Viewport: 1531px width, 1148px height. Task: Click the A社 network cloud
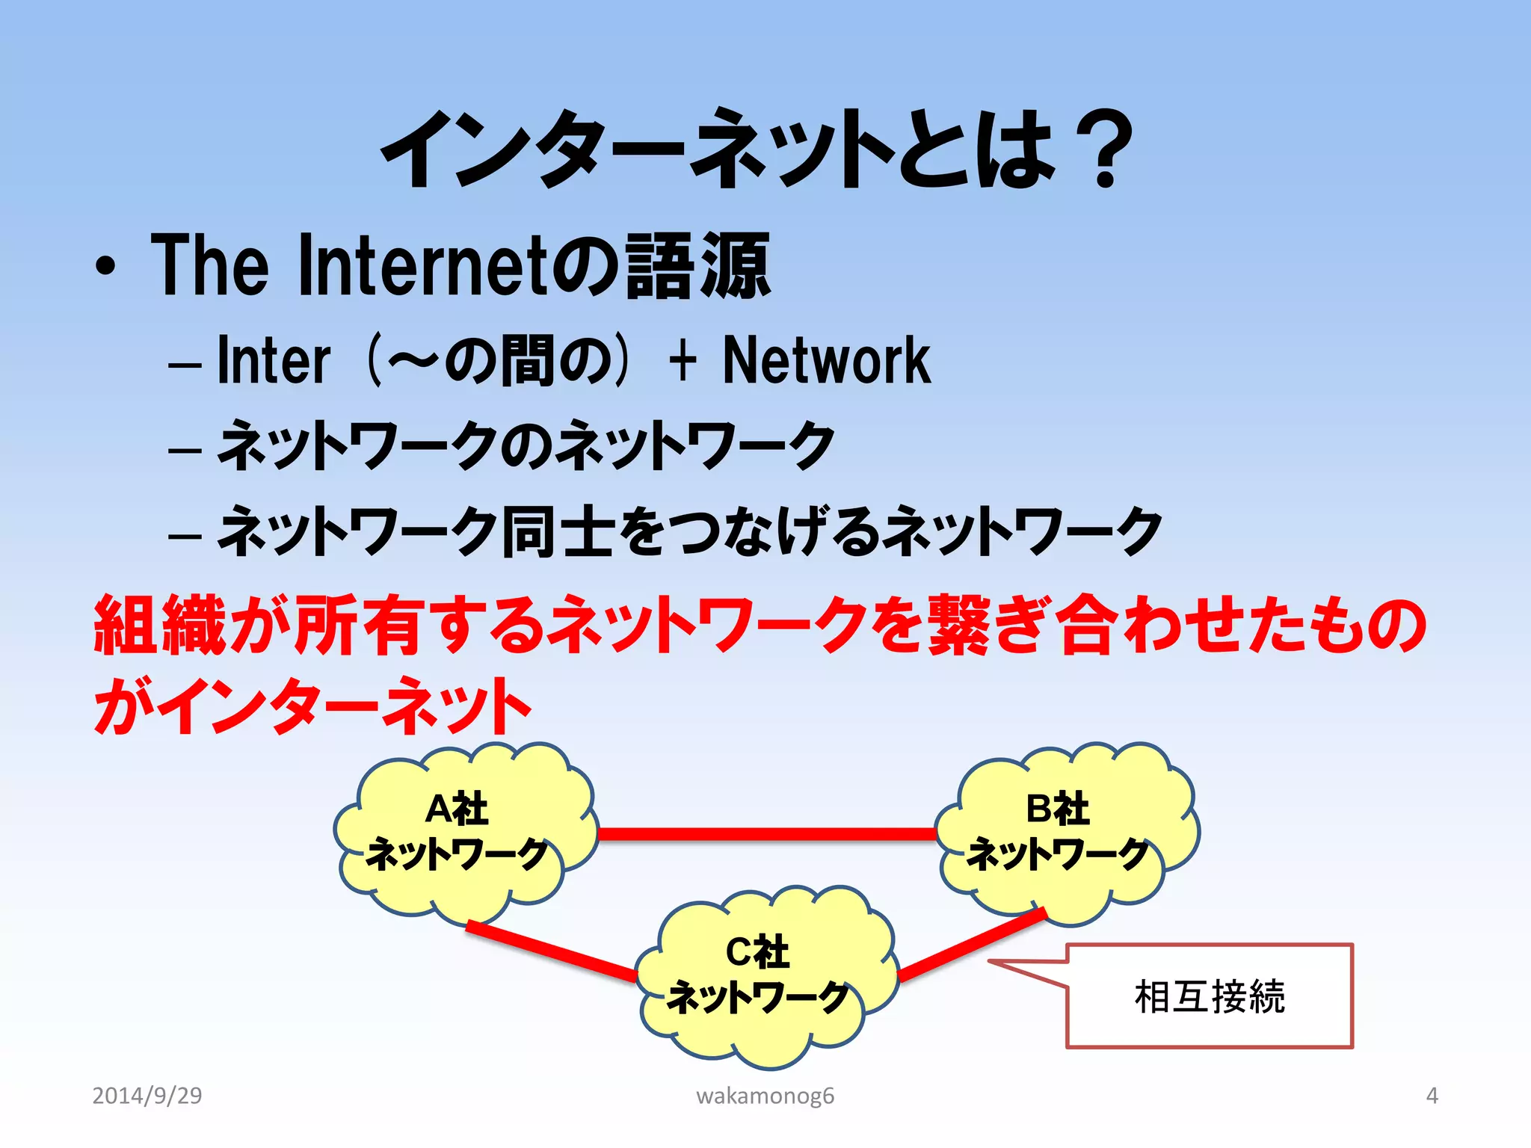(463, 833)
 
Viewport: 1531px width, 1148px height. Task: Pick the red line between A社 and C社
(552, 951)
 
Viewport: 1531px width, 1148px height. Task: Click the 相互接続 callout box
(1209, 996)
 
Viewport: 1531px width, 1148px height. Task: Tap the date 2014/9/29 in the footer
(147, 1096)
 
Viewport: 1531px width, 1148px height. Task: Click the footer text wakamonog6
(765, 1096)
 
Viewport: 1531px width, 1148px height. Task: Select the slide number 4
(1432, 1096)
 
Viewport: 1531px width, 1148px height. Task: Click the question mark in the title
(1105, 149)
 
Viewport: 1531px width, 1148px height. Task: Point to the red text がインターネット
(312, 706)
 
